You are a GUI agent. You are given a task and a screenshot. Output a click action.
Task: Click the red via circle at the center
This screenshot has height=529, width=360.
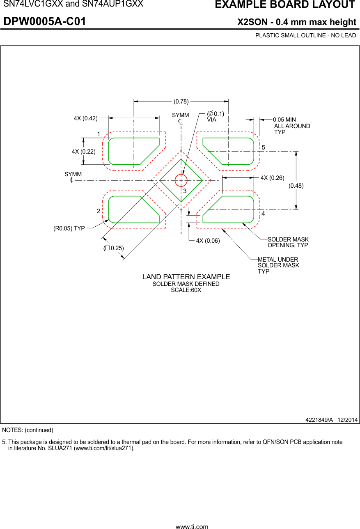click(181, 180)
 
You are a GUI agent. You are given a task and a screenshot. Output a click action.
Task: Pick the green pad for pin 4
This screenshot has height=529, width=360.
click(232, 210)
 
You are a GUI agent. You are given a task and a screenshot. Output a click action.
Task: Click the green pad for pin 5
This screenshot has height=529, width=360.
click(232, 151)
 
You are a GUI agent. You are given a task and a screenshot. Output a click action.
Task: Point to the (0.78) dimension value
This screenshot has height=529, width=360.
click(181, 101)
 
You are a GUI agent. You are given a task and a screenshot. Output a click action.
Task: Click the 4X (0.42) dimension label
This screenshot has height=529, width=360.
click(85, 118)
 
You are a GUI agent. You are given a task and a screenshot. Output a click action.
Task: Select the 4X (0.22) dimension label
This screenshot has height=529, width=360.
click(83, 152)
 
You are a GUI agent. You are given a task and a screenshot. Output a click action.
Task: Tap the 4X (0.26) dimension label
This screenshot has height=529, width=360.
click(272, 178)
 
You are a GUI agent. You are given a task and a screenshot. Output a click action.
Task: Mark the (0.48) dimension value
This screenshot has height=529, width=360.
click(296, 186)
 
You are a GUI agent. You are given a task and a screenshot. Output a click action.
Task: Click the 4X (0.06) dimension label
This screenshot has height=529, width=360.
click(208, 241)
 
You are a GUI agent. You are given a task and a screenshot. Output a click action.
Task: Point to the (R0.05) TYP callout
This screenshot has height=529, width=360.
click(69, 228)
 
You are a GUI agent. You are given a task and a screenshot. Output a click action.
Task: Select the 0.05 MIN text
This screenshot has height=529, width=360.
click(284, 120)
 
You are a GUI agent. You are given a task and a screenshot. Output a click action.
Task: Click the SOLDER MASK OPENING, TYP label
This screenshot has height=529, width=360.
click(288, 242)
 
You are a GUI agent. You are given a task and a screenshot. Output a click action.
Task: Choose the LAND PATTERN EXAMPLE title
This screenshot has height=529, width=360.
click(186, 277)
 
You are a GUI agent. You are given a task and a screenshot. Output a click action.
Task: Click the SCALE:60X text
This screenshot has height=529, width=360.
click(186, 290)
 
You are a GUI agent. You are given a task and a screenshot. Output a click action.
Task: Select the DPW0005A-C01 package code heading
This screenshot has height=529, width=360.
click(45, 22)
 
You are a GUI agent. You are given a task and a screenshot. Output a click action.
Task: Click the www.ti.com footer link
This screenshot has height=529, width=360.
click(192, 527)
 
